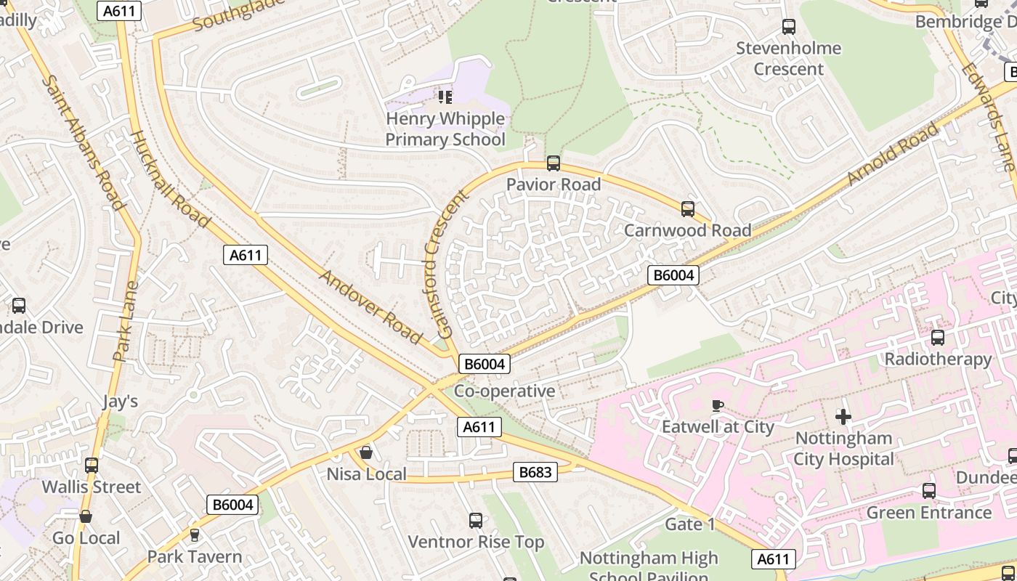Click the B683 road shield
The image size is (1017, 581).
pyautogui.click(x=535, y=472)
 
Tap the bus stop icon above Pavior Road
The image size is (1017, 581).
pyautogui.click(x=554, y=163)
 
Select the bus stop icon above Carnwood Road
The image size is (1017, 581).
pyautogui.click(x=688, y=209)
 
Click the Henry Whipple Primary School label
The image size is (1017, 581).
pyautogui.click(x=445, y=129)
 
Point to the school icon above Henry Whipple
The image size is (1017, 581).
pyautogui.click(x=445, y=97)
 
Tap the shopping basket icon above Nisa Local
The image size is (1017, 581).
pyautogui.click(x=366, y=452)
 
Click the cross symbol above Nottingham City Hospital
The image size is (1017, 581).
pyautogui.click(x=843, y=417)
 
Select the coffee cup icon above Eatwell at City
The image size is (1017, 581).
pyautogui.click(x=718, y=405)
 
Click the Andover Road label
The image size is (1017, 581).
pyautogui.click(x=370, y=307)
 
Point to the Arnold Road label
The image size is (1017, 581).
pyautogui.click(x=893, y=155)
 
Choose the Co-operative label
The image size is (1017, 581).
pyautogui.click(x=504, y=391)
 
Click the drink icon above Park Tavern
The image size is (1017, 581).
pyautogui.click(x=194, y=535)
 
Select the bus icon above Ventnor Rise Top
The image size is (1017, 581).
pyautogui.click(x=476, y=520)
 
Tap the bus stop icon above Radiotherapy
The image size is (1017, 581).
pyautogui.click(x=938, y=338)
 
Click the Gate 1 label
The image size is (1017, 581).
pyautogui.click(x=690, y=524)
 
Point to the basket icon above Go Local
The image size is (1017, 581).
pyautogui.click(x=86, y=516)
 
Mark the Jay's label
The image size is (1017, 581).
pyautogui.click(x=120, y=402)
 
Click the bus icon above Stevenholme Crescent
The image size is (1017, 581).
pyautogui.click(x=789, y=27)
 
